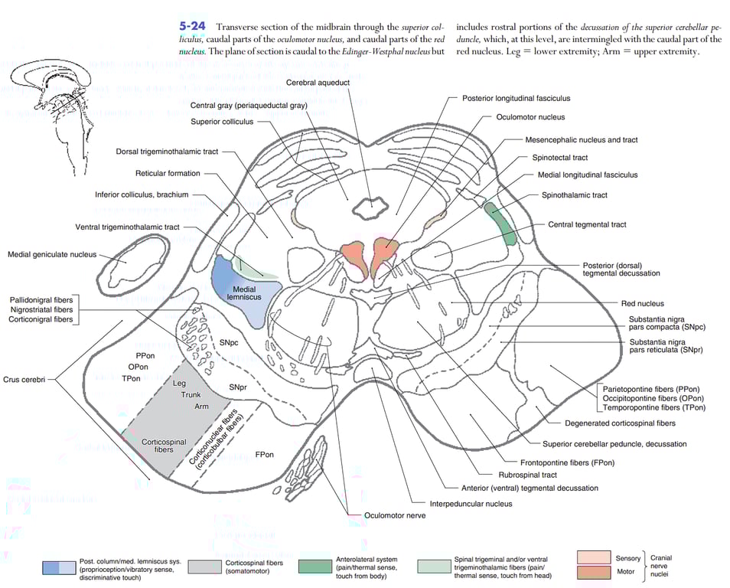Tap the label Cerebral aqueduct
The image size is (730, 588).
318,82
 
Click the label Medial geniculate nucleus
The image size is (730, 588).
52,255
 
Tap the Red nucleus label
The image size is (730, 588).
642,303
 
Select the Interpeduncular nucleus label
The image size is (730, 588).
471,503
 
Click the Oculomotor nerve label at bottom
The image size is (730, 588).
395,515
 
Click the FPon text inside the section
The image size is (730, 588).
264,455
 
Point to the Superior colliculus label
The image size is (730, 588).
222,121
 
